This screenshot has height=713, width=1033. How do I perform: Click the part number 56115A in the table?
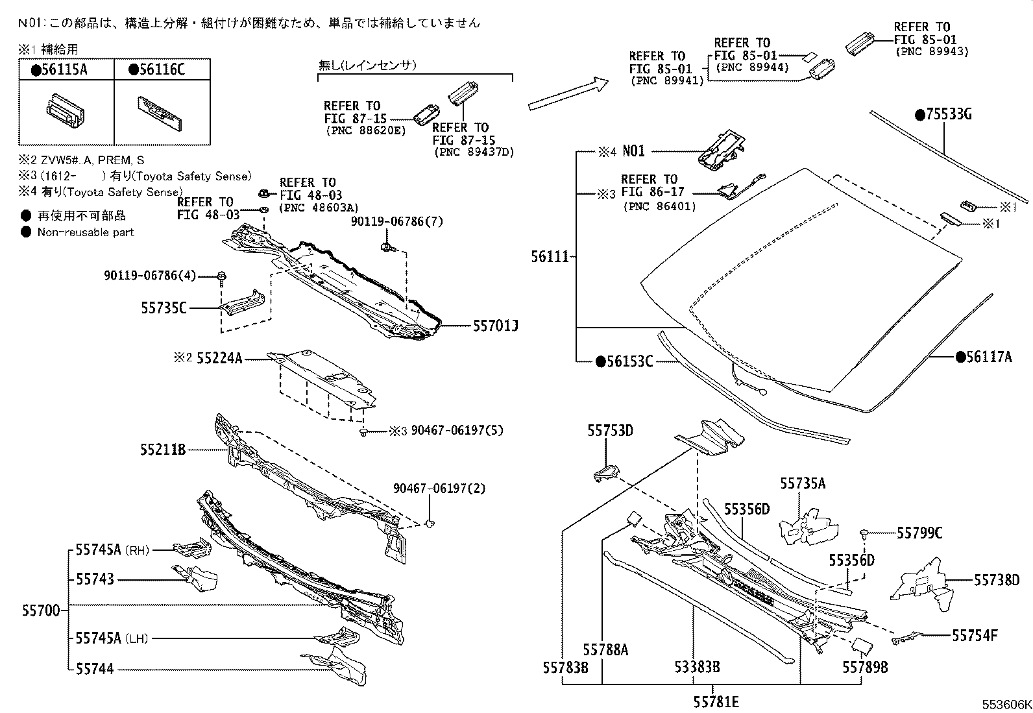tap(63, 70)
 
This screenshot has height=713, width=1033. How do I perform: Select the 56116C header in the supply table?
tap(160, 70)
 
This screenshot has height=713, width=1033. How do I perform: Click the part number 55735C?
tap(164, 308)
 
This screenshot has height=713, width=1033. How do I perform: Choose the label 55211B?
tap(163, 448)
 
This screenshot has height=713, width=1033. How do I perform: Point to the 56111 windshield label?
tap(550, 256)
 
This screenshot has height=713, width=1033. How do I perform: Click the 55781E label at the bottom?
tap(716, 701)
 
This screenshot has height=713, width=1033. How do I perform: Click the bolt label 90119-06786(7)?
tap(396, 222)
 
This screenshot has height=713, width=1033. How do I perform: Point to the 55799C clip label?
tap(919, 533)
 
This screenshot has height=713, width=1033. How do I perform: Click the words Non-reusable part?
tap(85, 232)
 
